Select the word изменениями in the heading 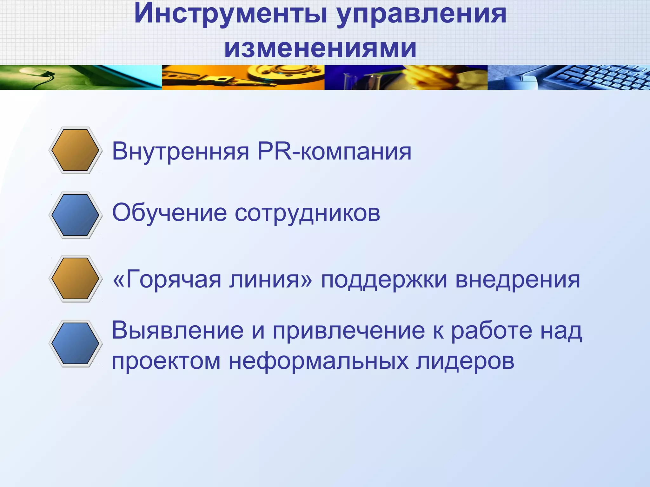point(320,48)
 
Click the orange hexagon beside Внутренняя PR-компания point(75,150)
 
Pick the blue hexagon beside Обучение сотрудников point(75,215)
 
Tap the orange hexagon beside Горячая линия point(75,278)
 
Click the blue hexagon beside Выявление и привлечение point(75,343)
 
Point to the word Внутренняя point(181,152)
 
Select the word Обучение point(169,213)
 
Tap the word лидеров point(465,361)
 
